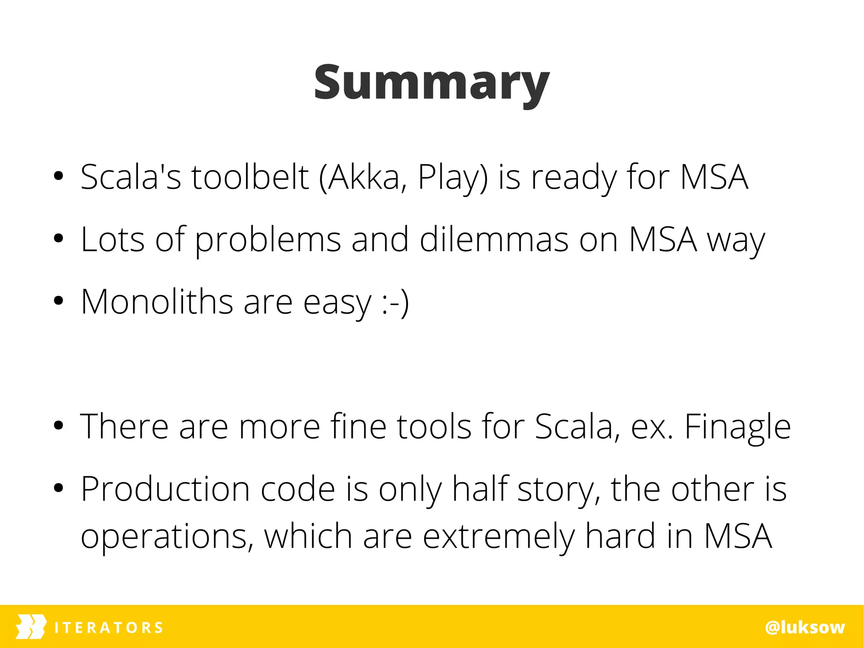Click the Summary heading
click(x=432, y=83)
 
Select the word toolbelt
click(x=250, y=177)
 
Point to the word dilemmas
click(x=494, y=239)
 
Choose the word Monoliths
click(x=157, y=301)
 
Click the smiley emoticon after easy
click(x=395, y=302)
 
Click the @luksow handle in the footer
click(x=805, y=627)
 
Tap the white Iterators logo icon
click(x=31, y=627)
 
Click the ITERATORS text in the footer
click(x=109, y=628)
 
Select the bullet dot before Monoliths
click(x=59, y=301)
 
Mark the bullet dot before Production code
click(x=59, y=488)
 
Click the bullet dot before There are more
click(x=59, y=426)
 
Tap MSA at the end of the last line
click(x=738, y=536)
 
